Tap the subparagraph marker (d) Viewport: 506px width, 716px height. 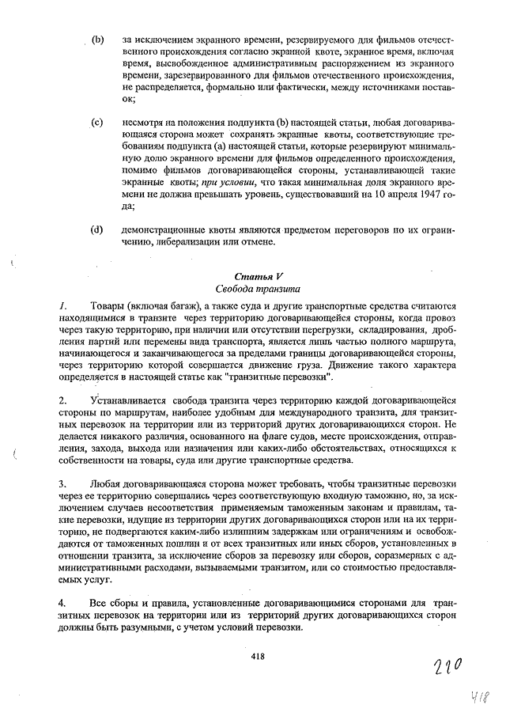pyautogui.click(x=98, y=229)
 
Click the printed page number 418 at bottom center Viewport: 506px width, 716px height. pyautogui.click(x=257, y=655)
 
